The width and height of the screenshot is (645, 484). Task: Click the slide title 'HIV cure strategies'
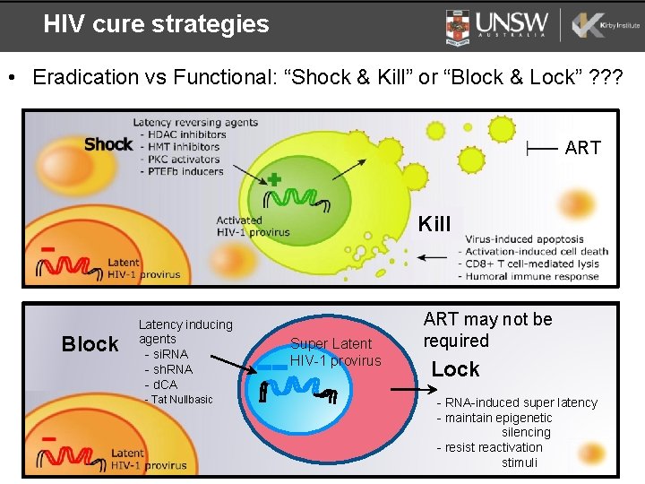coord(156,24)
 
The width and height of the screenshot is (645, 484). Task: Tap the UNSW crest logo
coord(457,26)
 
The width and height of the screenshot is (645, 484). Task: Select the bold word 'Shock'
coord(108,144)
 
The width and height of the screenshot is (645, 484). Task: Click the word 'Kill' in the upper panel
coord(434,224)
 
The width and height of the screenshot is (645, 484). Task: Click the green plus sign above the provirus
coord(274,180)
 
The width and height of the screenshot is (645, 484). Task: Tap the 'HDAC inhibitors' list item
coord(183,134)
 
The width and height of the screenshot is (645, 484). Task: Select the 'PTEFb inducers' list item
coord(183,170)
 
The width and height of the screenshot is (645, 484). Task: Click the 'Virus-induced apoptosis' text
coord(524,239)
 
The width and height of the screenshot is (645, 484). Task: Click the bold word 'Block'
coord(90,344)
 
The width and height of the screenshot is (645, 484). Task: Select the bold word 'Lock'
coord(455,369)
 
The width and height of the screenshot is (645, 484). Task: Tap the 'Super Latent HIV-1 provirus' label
coord(335,352)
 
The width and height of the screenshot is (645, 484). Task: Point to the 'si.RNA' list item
coord(167,354)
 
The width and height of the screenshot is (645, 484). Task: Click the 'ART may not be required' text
coord(487,330)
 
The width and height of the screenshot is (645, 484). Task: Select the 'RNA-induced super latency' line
coord(517,402)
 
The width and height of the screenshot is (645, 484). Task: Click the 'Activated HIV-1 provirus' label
coord(253,226)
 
